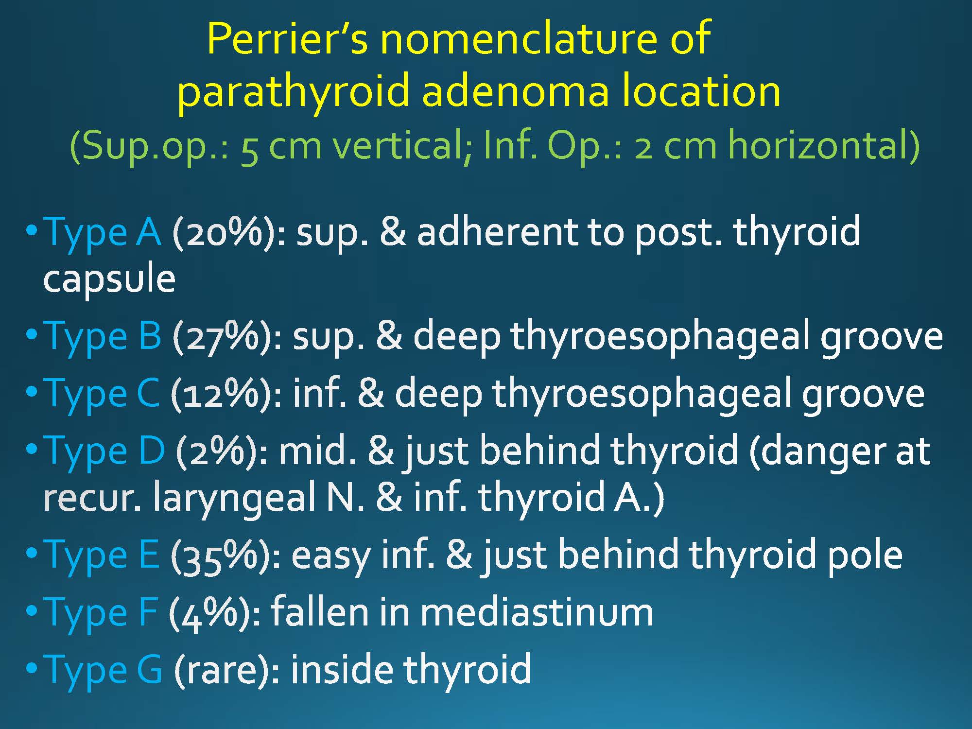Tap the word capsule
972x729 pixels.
109,279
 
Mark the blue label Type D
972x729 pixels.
104,451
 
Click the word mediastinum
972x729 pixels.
537,612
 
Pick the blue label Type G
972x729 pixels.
103,670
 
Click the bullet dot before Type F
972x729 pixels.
32,610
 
